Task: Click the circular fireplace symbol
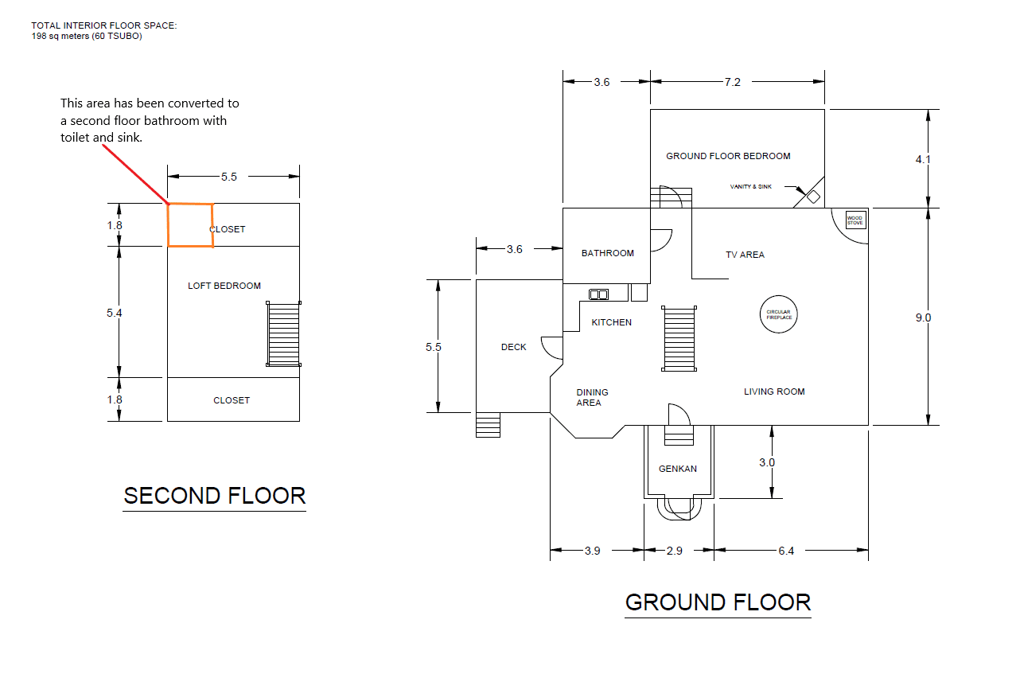click(779, 314)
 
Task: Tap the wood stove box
click(854, 220)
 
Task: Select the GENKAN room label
click(677, 469)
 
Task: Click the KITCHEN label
click(611, 322)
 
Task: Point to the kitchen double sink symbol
click(598, 294)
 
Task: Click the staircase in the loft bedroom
click(283, 334)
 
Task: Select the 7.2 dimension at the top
click(732, 82)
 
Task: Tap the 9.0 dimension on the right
click(923, 318)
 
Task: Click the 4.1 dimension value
click(923, 159)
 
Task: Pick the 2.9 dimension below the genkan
click(674, 551)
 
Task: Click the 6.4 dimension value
click(785, 551)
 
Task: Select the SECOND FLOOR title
click(215, 496)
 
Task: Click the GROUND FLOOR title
click(718, 602)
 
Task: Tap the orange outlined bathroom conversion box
click(190, 225)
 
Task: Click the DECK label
click(513, 347)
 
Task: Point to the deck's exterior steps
click(488, 425)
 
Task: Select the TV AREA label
click(745, 255)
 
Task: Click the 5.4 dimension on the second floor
click(115, 313)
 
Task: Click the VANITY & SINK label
click(751, 187)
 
